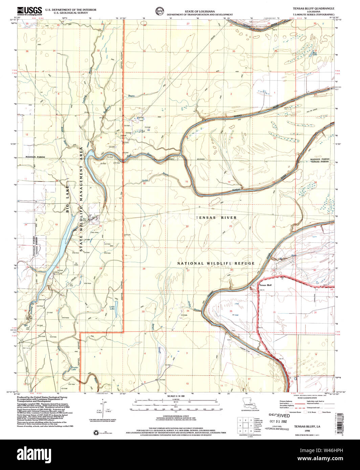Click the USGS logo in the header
pos(29,10)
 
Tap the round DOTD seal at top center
pos(158,10)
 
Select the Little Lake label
pos(112,308)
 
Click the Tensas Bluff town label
pos(265,285)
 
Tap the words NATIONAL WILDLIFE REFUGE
pos(210,263)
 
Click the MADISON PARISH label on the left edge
pos(34,157)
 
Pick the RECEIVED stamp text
pos(279,415)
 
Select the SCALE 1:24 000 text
pos(176,396)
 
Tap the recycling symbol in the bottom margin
pos(95,432)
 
